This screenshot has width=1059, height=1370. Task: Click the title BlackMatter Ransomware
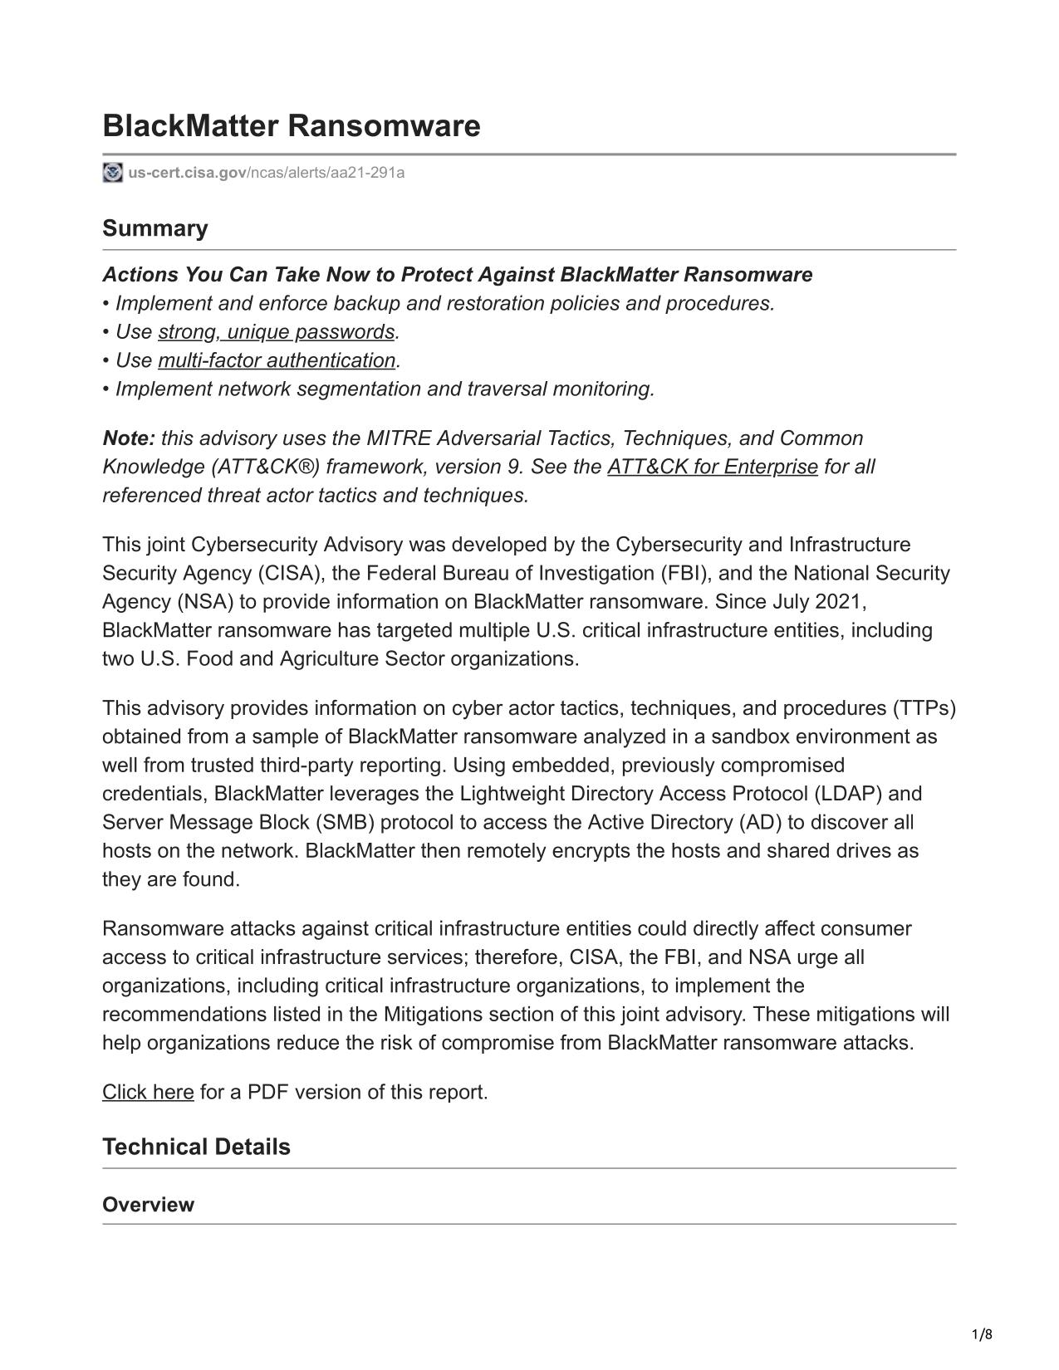291,126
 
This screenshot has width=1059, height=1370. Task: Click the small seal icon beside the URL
112,173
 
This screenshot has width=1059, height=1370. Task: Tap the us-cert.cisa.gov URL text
266,173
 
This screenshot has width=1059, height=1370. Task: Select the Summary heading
154,228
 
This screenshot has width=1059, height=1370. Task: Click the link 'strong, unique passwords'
276,331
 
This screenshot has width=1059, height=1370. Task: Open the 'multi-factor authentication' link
277,360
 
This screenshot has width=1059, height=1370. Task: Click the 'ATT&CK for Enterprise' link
712,467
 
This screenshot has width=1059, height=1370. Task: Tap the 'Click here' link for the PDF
148,1092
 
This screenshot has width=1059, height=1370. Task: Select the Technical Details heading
196,1147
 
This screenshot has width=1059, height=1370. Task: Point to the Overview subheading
148,1205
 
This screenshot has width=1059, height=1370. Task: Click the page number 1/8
982,1335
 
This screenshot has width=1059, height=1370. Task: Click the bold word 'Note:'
129,438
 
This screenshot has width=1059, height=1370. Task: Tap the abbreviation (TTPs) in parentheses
924,708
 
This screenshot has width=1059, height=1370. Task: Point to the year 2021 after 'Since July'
841,602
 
